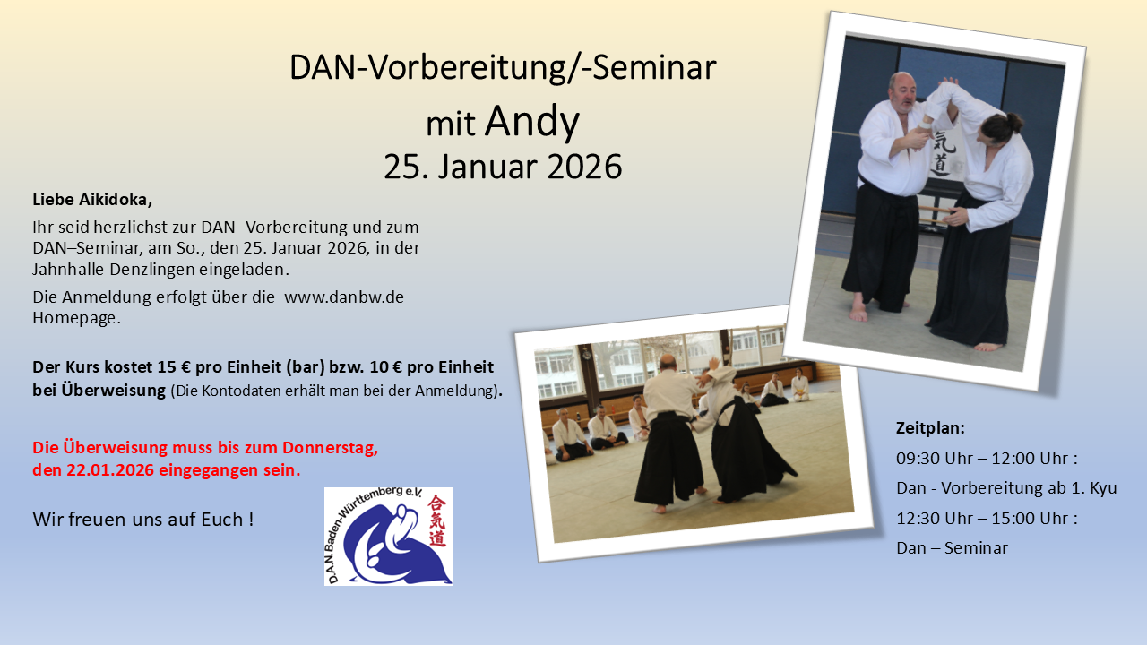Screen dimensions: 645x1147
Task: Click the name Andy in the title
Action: [x=531, y=122]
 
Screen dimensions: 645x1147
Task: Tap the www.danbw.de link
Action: [x=344, y=297]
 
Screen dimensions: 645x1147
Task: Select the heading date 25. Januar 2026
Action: [x=503, y=167]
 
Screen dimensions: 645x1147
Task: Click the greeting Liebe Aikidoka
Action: [x=92, y=199]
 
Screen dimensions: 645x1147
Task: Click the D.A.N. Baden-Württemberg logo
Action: [x=388, y=537]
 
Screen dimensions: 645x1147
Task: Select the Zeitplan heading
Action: [x=930, y=427]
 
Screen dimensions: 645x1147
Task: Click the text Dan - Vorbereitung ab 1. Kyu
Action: [x=1006, y=488]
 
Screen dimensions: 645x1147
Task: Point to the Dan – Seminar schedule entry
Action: [x=952, y=547]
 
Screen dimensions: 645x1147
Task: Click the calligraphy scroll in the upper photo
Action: [x=942, y=154]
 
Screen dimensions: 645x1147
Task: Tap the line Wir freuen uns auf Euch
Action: [x=142, y=519]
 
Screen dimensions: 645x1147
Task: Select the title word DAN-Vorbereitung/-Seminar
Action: [x=503, y=68]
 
